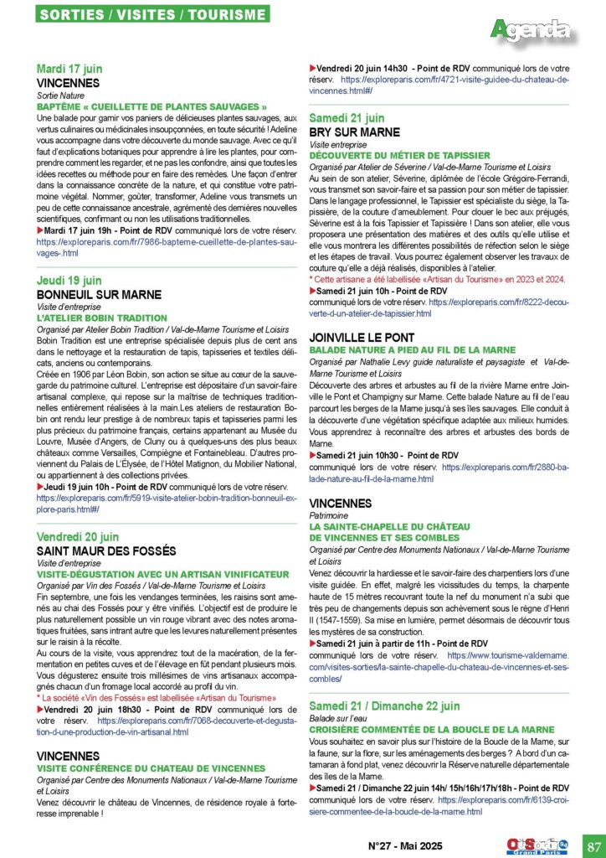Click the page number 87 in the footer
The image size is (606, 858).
(x=592, y=845)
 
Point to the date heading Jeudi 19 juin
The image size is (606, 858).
(x=69, y=281)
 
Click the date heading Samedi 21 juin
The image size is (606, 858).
(x=347, y=118)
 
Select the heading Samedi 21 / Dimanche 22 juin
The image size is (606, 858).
(x=384, y=706)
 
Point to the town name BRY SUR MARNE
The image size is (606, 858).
(x=355, y=132)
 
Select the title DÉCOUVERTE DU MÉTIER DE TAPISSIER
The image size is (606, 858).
(x=399, y=155)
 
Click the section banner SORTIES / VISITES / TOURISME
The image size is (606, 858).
(x=153, y=15)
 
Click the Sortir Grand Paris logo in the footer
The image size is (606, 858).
(x=538, y=844)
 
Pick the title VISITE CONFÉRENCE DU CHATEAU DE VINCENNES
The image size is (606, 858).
(x=151, y=768)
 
